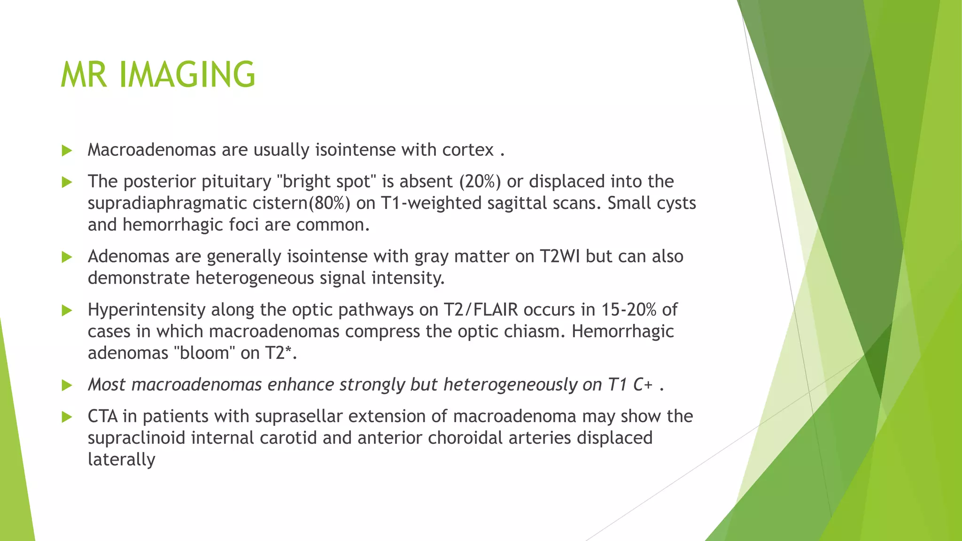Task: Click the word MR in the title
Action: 84,75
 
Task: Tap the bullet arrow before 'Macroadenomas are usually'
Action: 67,151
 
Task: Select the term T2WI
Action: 559,256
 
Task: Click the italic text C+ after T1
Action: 643,385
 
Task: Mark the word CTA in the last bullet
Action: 102,416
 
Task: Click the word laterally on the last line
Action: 121,459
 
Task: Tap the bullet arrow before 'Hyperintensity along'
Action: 67,310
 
